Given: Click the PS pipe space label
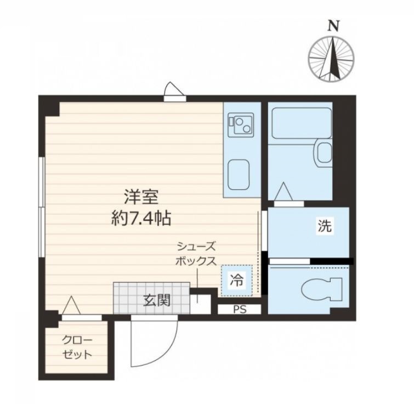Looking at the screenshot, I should pos(239,309).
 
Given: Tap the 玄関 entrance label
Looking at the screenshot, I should pos(156,300).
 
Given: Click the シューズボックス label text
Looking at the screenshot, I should pos(195,254).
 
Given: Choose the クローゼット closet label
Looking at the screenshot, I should pos(76,347).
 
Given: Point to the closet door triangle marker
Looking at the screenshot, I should pos(71,305).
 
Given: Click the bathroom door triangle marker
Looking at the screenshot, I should pos(285,192).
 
